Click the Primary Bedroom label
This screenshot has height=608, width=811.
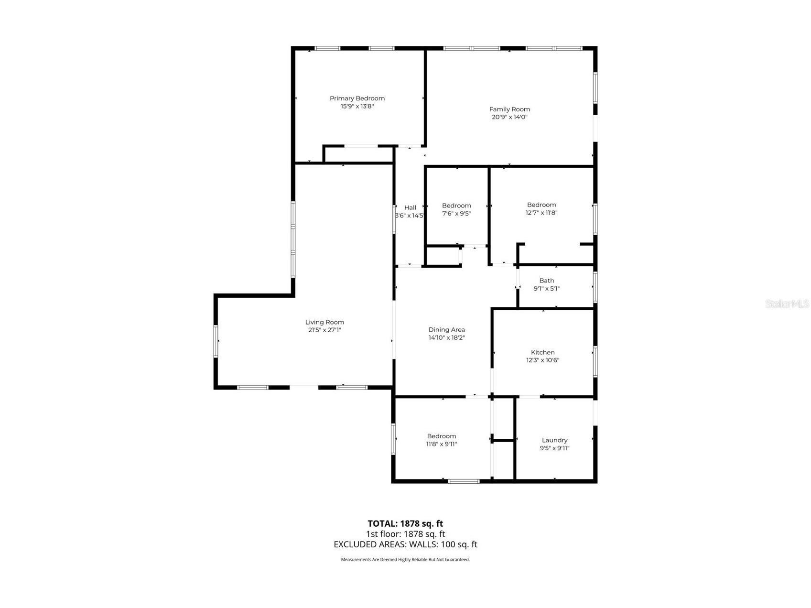click(357, 98)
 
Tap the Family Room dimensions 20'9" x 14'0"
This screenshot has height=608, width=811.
click(509, 117)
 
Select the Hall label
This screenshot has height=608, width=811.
click(410, 207)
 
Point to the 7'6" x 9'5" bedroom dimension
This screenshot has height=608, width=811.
click(456, 214)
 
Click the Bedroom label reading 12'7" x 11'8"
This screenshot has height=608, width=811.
click(541, 205)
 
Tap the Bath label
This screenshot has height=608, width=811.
click(547, 281)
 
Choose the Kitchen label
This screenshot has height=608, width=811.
click(543, 352)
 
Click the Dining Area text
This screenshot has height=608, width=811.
click(446, 329)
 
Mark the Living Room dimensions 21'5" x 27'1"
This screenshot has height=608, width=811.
click(324, 330)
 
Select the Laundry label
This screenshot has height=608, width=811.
click(554, 440)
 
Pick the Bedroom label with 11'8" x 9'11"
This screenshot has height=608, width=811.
click(442, 436)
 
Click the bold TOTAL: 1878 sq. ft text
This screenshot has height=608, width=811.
click(405, 523)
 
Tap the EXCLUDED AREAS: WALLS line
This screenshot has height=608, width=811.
click(405, 544)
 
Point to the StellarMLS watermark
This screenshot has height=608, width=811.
click(787, 304)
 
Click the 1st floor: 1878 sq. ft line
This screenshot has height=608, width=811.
click(405, 534)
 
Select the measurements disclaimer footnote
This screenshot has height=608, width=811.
click(405, 559)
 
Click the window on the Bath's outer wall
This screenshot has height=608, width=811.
click(595, 287)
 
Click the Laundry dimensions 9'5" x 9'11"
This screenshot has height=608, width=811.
click(554, 448)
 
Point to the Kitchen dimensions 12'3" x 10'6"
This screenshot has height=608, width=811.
click(543, 360)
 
